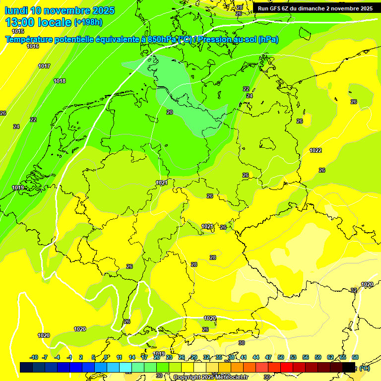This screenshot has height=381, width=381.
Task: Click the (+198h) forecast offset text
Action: [88, 22]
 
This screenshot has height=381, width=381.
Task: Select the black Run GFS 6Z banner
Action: [315, 8]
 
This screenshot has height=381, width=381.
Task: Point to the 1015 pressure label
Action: [18, 31]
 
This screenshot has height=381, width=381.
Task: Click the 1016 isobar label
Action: [33, 46]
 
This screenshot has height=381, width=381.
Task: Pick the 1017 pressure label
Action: [44, 66]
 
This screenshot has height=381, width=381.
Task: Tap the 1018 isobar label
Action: [60, 81]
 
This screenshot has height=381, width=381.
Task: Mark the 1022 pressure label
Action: [316, 150]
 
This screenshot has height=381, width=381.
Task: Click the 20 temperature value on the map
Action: [170, 112]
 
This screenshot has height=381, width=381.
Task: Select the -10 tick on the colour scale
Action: [34, 357]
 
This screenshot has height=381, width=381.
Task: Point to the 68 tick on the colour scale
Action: [355, 357]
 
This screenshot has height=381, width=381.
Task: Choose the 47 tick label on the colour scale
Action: [268, 357]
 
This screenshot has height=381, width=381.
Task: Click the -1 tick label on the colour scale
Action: [69, 357]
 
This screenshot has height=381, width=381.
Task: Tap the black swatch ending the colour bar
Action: [349, 367]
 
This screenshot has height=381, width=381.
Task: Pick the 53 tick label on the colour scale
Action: [293, 357]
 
